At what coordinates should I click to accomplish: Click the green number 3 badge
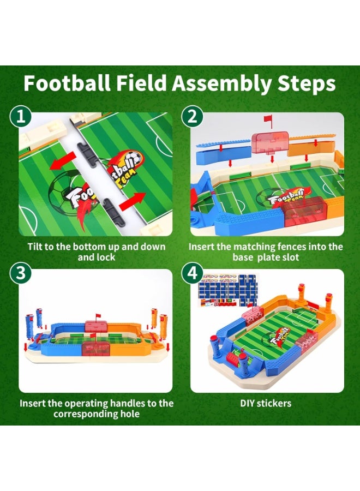(20, 274)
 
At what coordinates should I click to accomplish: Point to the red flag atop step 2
(268, 119)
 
